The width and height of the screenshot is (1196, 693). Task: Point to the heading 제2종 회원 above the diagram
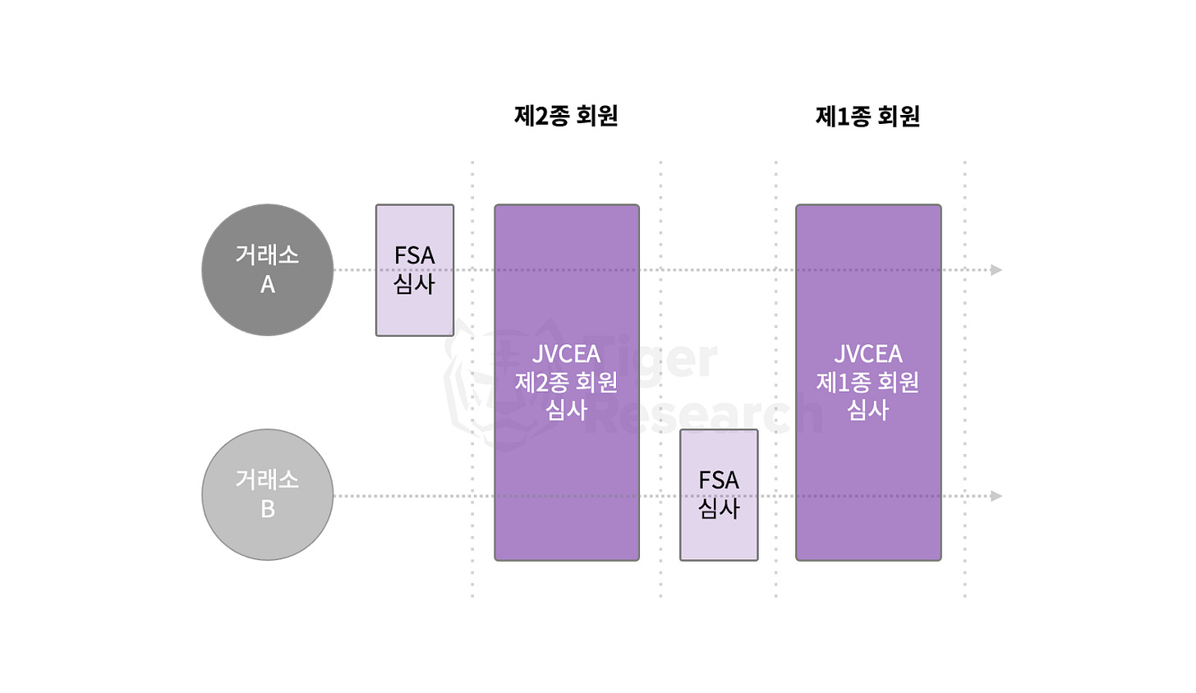point(566,117)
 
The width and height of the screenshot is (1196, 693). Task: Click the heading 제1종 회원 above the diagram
point(867,117)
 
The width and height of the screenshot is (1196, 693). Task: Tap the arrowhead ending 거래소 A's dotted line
point(996,270)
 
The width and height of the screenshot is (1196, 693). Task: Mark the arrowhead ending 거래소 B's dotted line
point(996,496)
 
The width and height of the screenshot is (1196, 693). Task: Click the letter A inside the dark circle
point(268,285)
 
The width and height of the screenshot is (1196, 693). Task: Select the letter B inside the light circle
point(268,510)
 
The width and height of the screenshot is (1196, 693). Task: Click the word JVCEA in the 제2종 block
point(566,355)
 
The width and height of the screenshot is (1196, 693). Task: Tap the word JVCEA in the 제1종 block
point(868,355)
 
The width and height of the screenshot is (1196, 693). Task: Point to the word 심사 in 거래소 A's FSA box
point(414,284)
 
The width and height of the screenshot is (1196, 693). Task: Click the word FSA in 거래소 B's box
point(719,480)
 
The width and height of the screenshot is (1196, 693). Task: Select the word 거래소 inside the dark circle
point(267,255)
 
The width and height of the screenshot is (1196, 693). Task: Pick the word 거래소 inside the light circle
point(267,480)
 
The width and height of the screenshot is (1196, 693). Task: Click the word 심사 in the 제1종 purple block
point(868,410)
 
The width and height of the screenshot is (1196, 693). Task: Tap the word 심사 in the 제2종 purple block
point(566,410)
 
